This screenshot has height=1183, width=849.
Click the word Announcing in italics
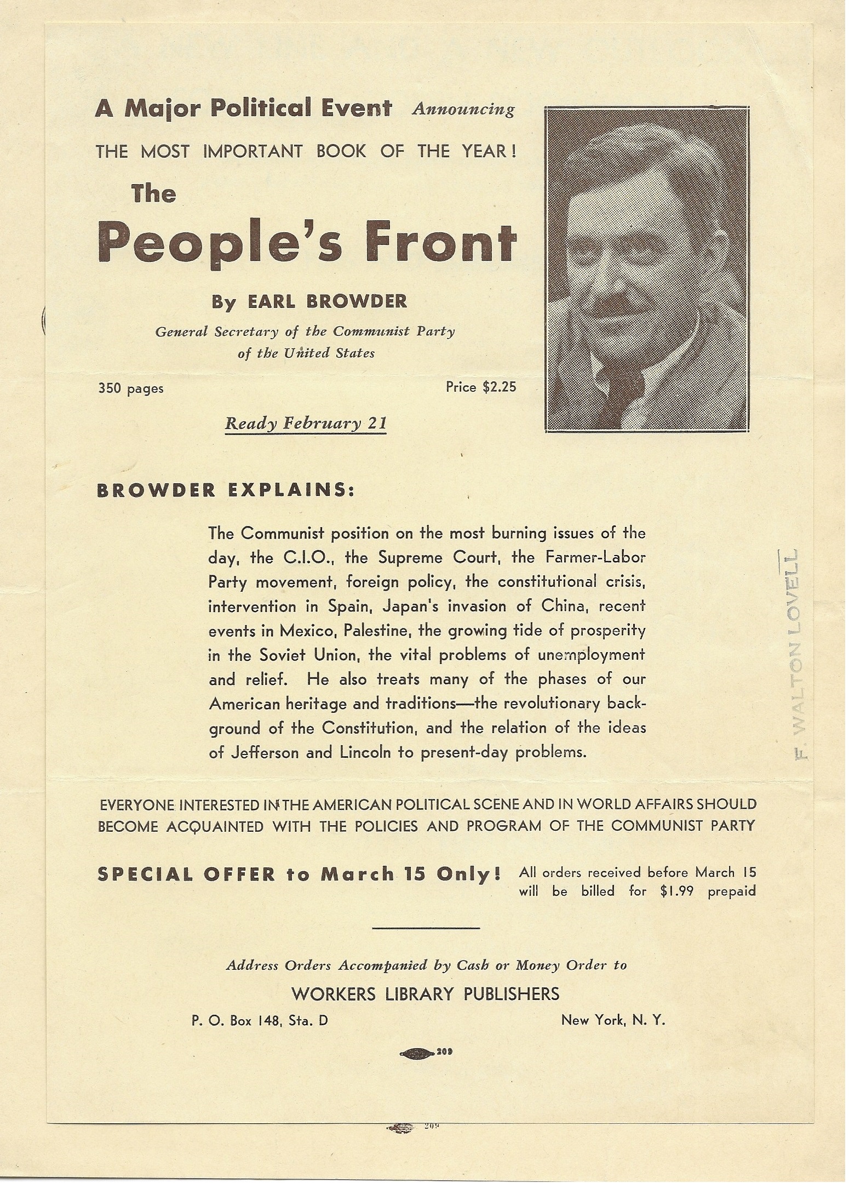coord(463,110)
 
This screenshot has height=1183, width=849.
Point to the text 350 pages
coord(131,388)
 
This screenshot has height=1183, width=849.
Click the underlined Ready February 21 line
coord(306,424)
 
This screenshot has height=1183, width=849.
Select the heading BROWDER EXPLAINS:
coord(226,490)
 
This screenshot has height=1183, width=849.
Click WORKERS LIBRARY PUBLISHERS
coord(426,993)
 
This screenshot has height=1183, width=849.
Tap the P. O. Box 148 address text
coord(260,1021)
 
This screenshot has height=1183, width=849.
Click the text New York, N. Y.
coord(613,1020)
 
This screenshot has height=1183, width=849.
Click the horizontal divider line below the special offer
coord(426,928)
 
